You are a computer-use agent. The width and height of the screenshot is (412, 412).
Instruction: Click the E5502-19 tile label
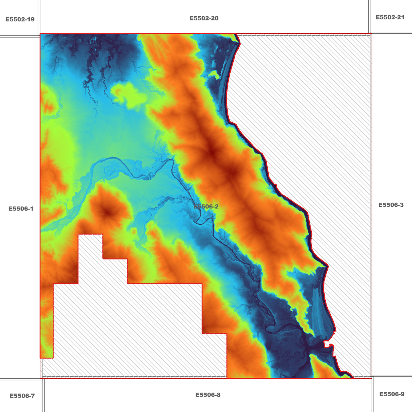pos(20,19)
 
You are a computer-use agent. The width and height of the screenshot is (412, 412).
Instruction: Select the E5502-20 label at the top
pos(204,18)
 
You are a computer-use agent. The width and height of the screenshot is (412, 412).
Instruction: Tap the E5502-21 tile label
pos(390,17)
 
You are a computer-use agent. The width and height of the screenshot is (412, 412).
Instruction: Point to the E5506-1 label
pos(21,209)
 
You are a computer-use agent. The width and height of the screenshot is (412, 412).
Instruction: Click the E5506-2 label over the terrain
pos(206,206)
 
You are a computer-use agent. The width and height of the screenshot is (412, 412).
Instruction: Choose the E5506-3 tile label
pos(391,205)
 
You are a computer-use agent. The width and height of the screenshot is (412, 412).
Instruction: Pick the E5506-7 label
pos(22,396)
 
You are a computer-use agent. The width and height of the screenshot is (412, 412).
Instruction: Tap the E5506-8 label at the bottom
pos(208,395)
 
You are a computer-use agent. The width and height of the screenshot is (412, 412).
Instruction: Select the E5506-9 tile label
pos(391,394)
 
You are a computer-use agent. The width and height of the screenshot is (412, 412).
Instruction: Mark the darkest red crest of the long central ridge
pos(212,153)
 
